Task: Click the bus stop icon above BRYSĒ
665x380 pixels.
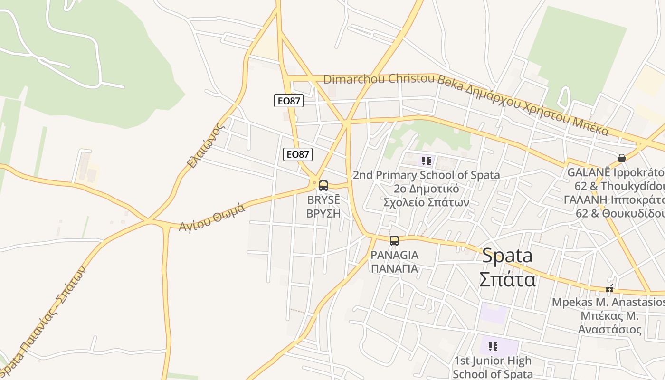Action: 323,186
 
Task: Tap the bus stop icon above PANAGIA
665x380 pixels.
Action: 394,241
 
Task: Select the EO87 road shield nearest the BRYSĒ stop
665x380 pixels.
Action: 298,154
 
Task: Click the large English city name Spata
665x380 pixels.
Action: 507,256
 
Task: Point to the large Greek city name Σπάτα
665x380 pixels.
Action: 507,279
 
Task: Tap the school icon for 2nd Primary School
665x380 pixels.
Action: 427,161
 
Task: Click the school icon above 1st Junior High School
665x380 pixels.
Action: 493,346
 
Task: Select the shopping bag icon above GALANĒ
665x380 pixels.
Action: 621,158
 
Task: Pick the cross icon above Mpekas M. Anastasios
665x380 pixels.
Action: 609,289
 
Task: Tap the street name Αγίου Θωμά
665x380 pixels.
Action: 212,218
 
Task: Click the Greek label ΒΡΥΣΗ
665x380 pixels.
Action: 323,213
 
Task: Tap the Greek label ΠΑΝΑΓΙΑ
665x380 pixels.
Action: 394,268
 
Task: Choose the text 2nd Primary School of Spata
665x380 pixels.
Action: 426,175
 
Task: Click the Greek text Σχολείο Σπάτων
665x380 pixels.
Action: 426,202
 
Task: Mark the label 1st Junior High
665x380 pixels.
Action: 493,361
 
